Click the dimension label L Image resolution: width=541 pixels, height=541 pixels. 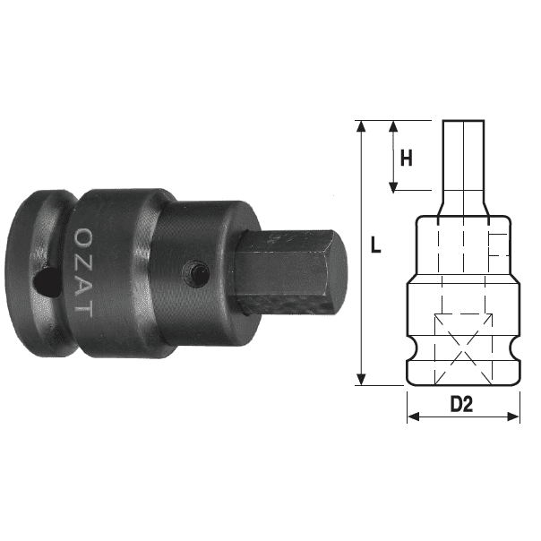click(375, 245)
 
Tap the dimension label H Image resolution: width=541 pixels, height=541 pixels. click(406, 159)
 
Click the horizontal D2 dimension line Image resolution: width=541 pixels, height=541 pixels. click(463, 417)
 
